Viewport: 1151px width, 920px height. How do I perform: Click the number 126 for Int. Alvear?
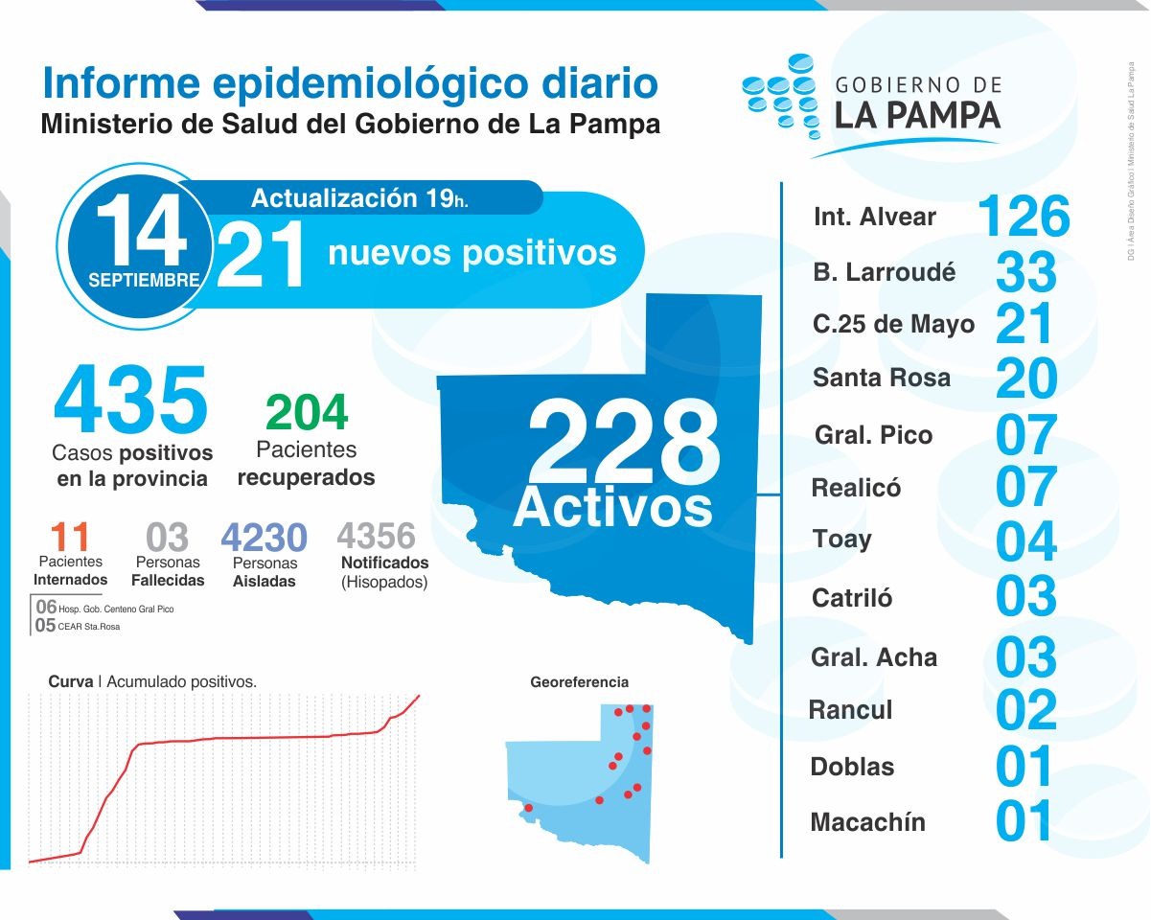coord(1024,217)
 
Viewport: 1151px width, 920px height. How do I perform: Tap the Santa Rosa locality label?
coord(882,378)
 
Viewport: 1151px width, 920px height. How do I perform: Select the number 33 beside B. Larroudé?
coord(1025,272)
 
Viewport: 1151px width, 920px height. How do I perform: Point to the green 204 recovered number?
coord(306,413)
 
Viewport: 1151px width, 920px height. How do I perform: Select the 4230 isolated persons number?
coord(264,538)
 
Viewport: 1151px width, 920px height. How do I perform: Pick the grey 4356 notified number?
coord(377,535)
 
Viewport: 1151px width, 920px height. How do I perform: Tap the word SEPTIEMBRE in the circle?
coord(144,281)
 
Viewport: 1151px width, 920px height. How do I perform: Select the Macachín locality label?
coord(867,822)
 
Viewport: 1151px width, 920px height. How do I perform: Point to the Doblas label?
coord(852,767)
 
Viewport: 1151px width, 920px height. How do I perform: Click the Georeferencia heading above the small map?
coord(579,682)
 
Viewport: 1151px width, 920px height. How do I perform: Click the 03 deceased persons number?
coord(167,538)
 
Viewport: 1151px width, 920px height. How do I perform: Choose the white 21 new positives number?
coord(261,254)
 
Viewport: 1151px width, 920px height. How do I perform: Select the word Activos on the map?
coord(612,506)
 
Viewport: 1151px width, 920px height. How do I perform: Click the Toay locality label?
coord(841,539)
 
